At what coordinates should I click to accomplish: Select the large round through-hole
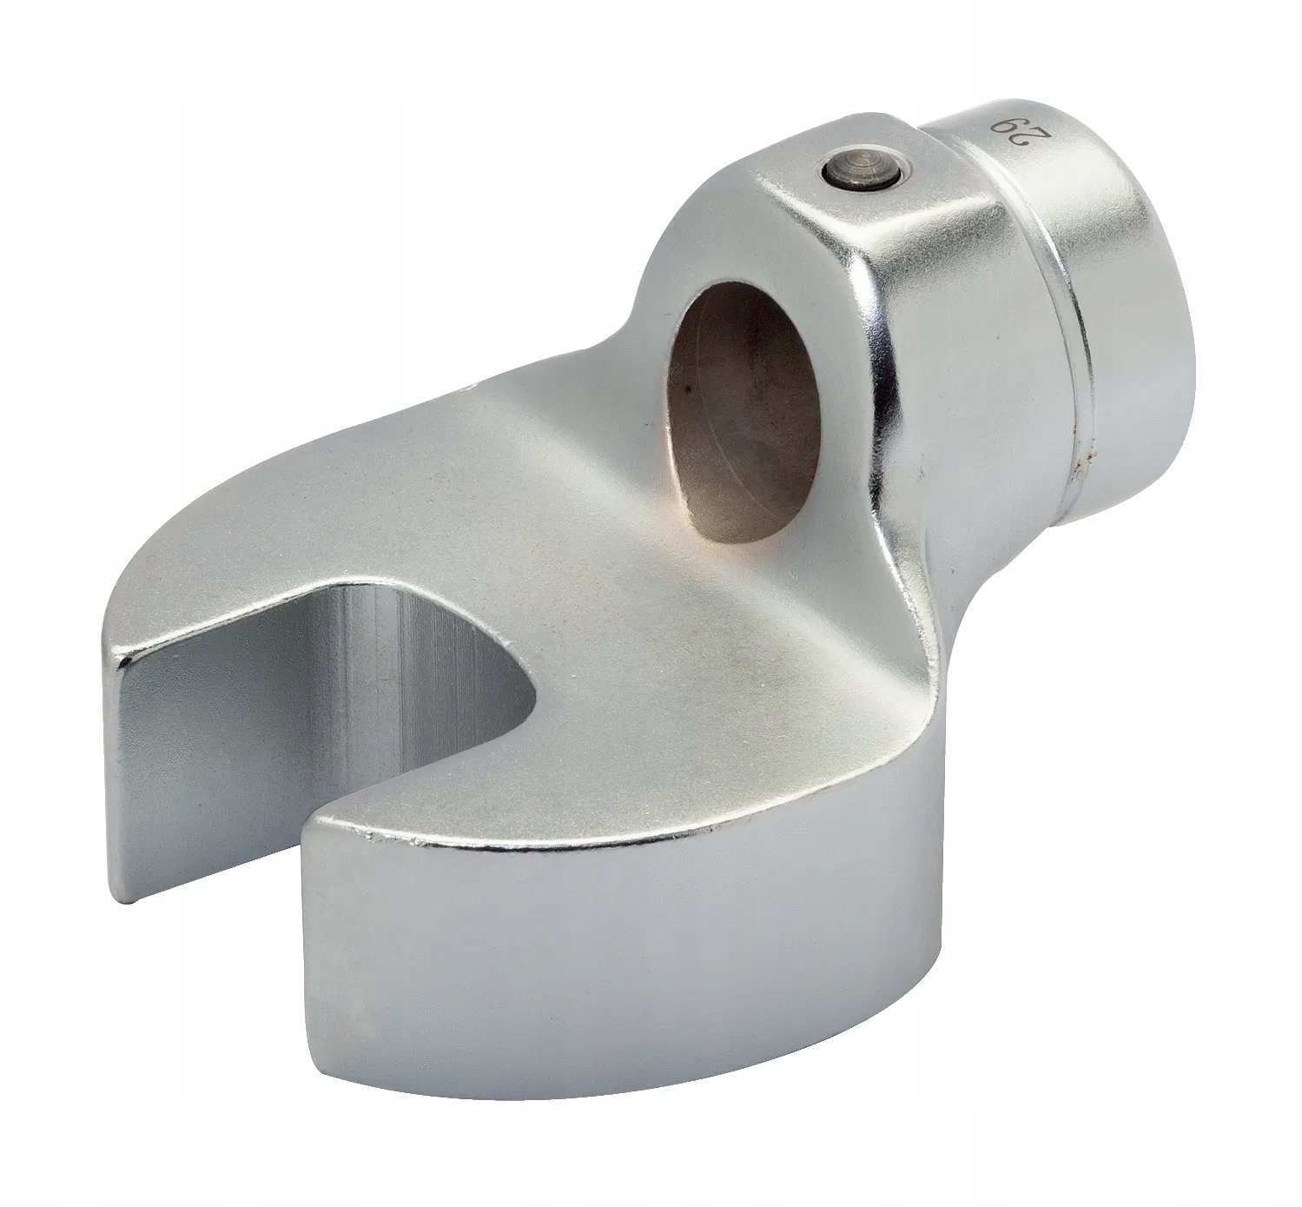pos(717,391)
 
